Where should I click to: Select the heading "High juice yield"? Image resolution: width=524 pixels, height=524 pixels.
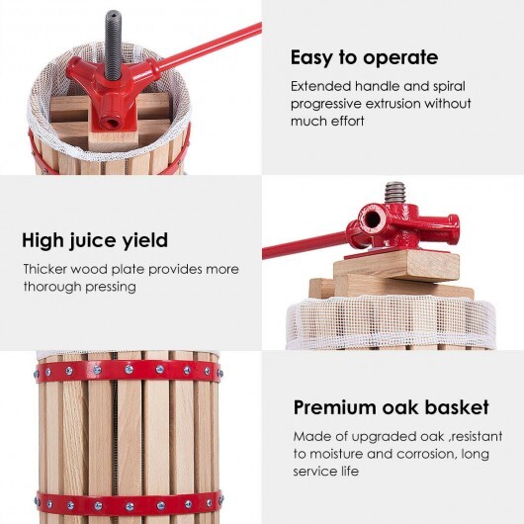click(95, 239)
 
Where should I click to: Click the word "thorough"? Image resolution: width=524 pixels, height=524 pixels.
click(53, 287)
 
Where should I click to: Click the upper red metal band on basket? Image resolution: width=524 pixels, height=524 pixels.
click(129, 370)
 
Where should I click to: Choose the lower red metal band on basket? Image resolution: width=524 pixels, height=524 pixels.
click(129, 501)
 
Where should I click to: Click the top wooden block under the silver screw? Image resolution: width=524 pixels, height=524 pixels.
click(395, 265)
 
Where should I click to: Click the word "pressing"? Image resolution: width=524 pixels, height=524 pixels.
click(109, 287)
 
